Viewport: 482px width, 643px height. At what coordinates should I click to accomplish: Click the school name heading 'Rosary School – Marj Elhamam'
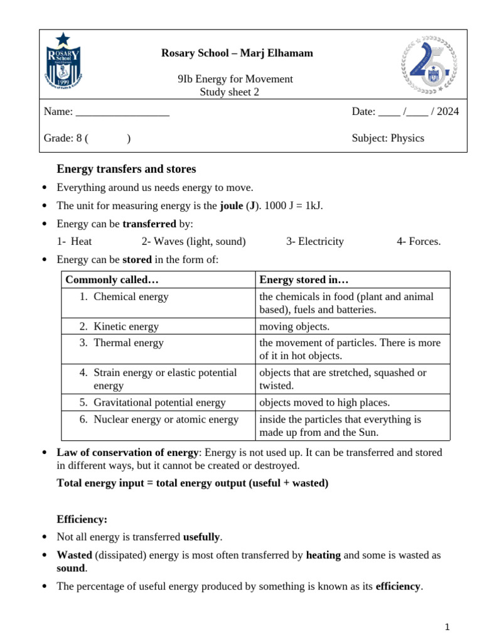coord(237,53)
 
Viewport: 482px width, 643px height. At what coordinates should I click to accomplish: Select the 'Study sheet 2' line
coord(229,92)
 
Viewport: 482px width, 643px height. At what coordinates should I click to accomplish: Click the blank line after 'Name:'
coord(122,112)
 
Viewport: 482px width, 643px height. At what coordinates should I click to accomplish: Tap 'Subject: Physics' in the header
coord(388,138)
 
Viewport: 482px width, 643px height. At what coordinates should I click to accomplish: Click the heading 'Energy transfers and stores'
coord(126,169)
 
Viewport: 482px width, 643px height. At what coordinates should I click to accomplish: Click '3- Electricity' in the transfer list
coord(315,241)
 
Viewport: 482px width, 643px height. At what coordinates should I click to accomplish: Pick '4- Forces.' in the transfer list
coord(419,241)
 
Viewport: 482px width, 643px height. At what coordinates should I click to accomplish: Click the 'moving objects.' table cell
coord(294,327)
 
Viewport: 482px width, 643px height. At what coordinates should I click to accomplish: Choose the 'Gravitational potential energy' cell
coord(159,403)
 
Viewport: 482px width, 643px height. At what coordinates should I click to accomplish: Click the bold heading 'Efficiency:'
coord(82,519)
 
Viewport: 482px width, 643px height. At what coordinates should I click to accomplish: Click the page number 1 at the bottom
coord(447,627)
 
